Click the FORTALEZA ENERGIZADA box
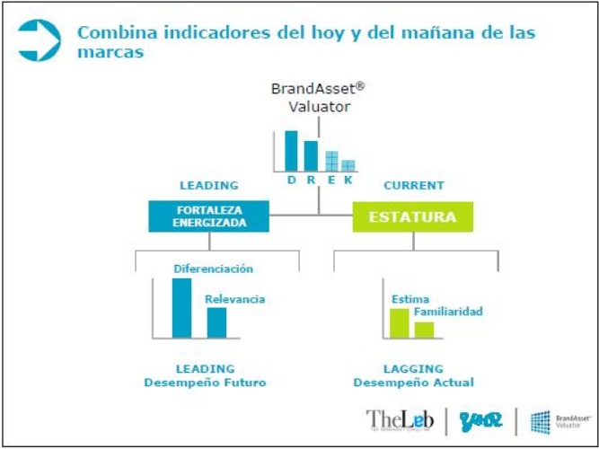(208, 216)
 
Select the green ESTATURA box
(412, 216)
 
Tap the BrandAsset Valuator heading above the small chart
(318, 97)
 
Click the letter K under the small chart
(348, 180)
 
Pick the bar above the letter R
(311, 155)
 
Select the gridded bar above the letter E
(331, 160)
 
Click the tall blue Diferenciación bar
(181, 308)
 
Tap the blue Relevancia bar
(216, 322)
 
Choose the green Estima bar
(399, 323)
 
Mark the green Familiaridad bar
(424, 329)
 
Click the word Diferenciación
(213, 269)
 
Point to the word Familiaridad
(448, 312)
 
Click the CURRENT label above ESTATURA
(413, 186)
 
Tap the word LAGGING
(413, 368)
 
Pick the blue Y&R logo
(480, 419)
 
